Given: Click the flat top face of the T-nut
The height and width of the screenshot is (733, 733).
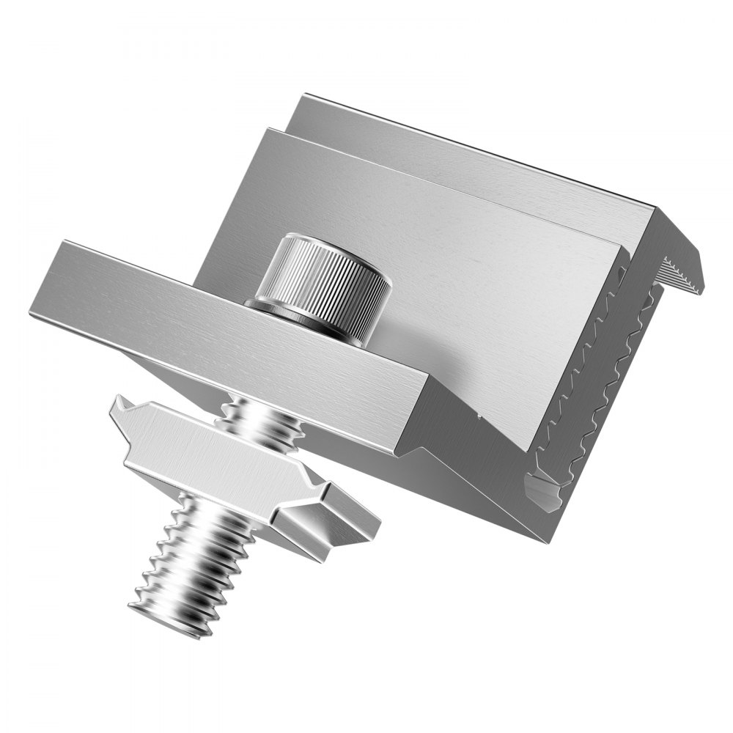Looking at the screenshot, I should (220, 454).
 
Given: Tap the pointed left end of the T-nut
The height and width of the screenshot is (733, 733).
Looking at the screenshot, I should (121, 403).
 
